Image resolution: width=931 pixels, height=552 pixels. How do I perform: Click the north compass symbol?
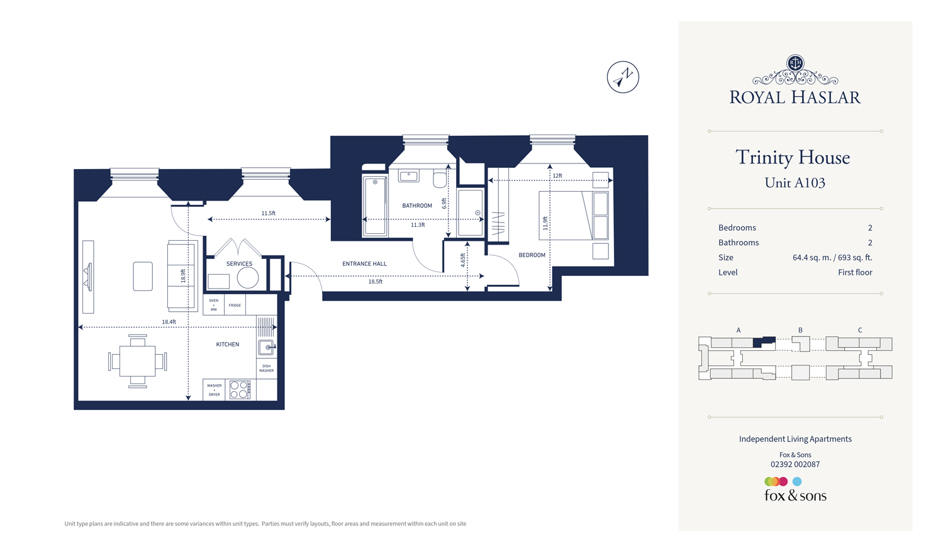coord(623,77)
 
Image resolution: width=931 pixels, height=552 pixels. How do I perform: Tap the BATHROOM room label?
coord(417,206)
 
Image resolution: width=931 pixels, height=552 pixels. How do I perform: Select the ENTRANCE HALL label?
coord(364,264)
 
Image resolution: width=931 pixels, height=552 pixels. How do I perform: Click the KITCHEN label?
coord(228,345)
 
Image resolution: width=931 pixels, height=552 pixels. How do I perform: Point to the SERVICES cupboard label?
coord(239,264)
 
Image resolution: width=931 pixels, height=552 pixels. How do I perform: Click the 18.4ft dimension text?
coord(169,322)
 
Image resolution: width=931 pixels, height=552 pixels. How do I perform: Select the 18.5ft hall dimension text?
coord(375,282)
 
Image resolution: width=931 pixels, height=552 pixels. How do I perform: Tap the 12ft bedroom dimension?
coord(557,176)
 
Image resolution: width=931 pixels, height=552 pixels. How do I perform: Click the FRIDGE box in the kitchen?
coord(235,306)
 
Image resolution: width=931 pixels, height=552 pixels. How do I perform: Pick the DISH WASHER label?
coord(266,368)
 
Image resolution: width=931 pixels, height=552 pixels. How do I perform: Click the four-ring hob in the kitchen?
coord(240,390)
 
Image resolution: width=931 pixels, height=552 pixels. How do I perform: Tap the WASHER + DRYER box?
coord(214,390)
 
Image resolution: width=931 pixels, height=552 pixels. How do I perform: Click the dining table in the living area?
coord(138,362)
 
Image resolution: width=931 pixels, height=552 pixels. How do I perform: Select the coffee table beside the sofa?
coord(143,276)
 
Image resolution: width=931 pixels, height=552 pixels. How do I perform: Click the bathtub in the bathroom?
coord(375,206)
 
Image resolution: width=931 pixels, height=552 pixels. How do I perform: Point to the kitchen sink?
coord(266,347)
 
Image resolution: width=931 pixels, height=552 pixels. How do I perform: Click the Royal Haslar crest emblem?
coord(795,63)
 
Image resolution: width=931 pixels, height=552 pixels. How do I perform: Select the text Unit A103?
coord(794,183)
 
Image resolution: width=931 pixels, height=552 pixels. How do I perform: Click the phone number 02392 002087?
coord(795,465)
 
